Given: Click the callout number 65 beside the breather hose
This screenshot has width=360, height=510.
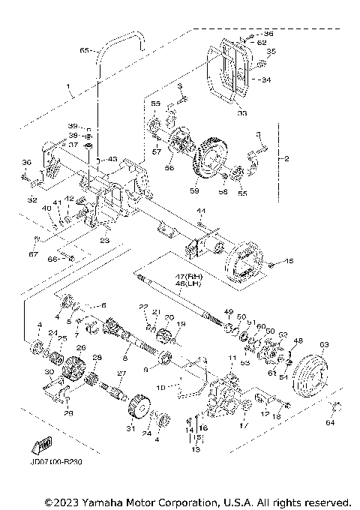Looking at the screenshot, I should (x=84, y=50).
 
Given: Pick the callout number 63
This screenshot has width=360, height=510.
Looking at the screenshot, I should (x=324, y=345).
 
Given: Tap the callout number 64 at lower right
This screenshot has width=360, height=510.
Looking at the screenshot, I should (x=332, y=423).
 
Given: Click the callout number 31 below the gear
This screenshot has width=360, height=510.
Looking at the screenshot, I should (x=130, y=429).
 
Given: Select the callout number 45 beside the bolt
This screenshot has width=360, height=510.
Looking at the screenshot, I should (x=289, y=262).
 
